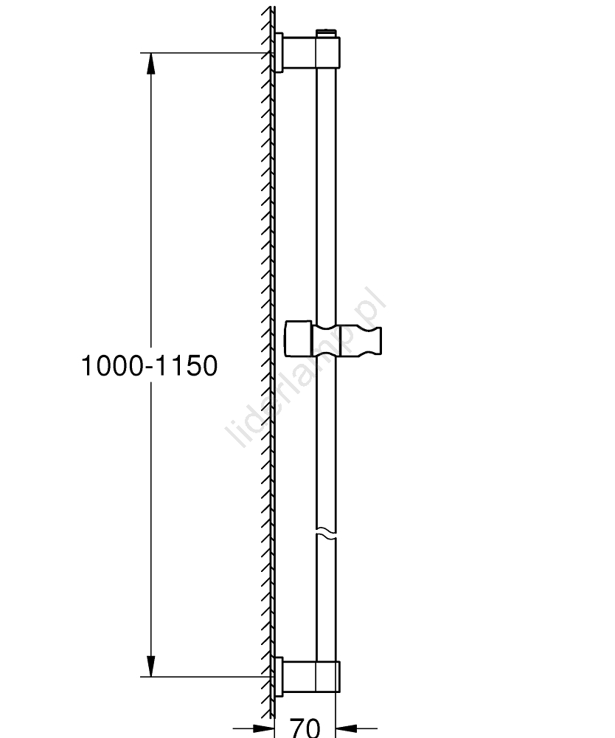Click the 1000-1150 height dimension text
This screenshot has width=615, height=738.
[x=150, y=366]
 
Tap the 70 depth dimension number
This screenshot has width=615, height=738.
[x=305, y=728]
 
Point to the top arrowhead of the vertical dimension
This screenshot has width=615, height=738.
[x=150, y=63]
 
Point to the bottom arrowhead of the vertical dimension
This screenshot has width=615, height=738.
[x=150, y=666]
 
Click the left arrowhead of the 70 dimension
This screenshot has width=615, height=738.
[x=264, y=728]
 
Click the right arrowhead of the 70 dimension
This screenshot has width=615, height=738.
[x=347, y=728]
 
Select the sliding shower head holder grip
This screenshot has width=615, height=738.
[x=347, y=339]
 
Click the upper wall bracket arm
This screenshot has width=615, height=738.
[x=299, y=52]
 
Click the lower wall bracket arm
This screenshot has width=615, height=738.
[x=299, y=677]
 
